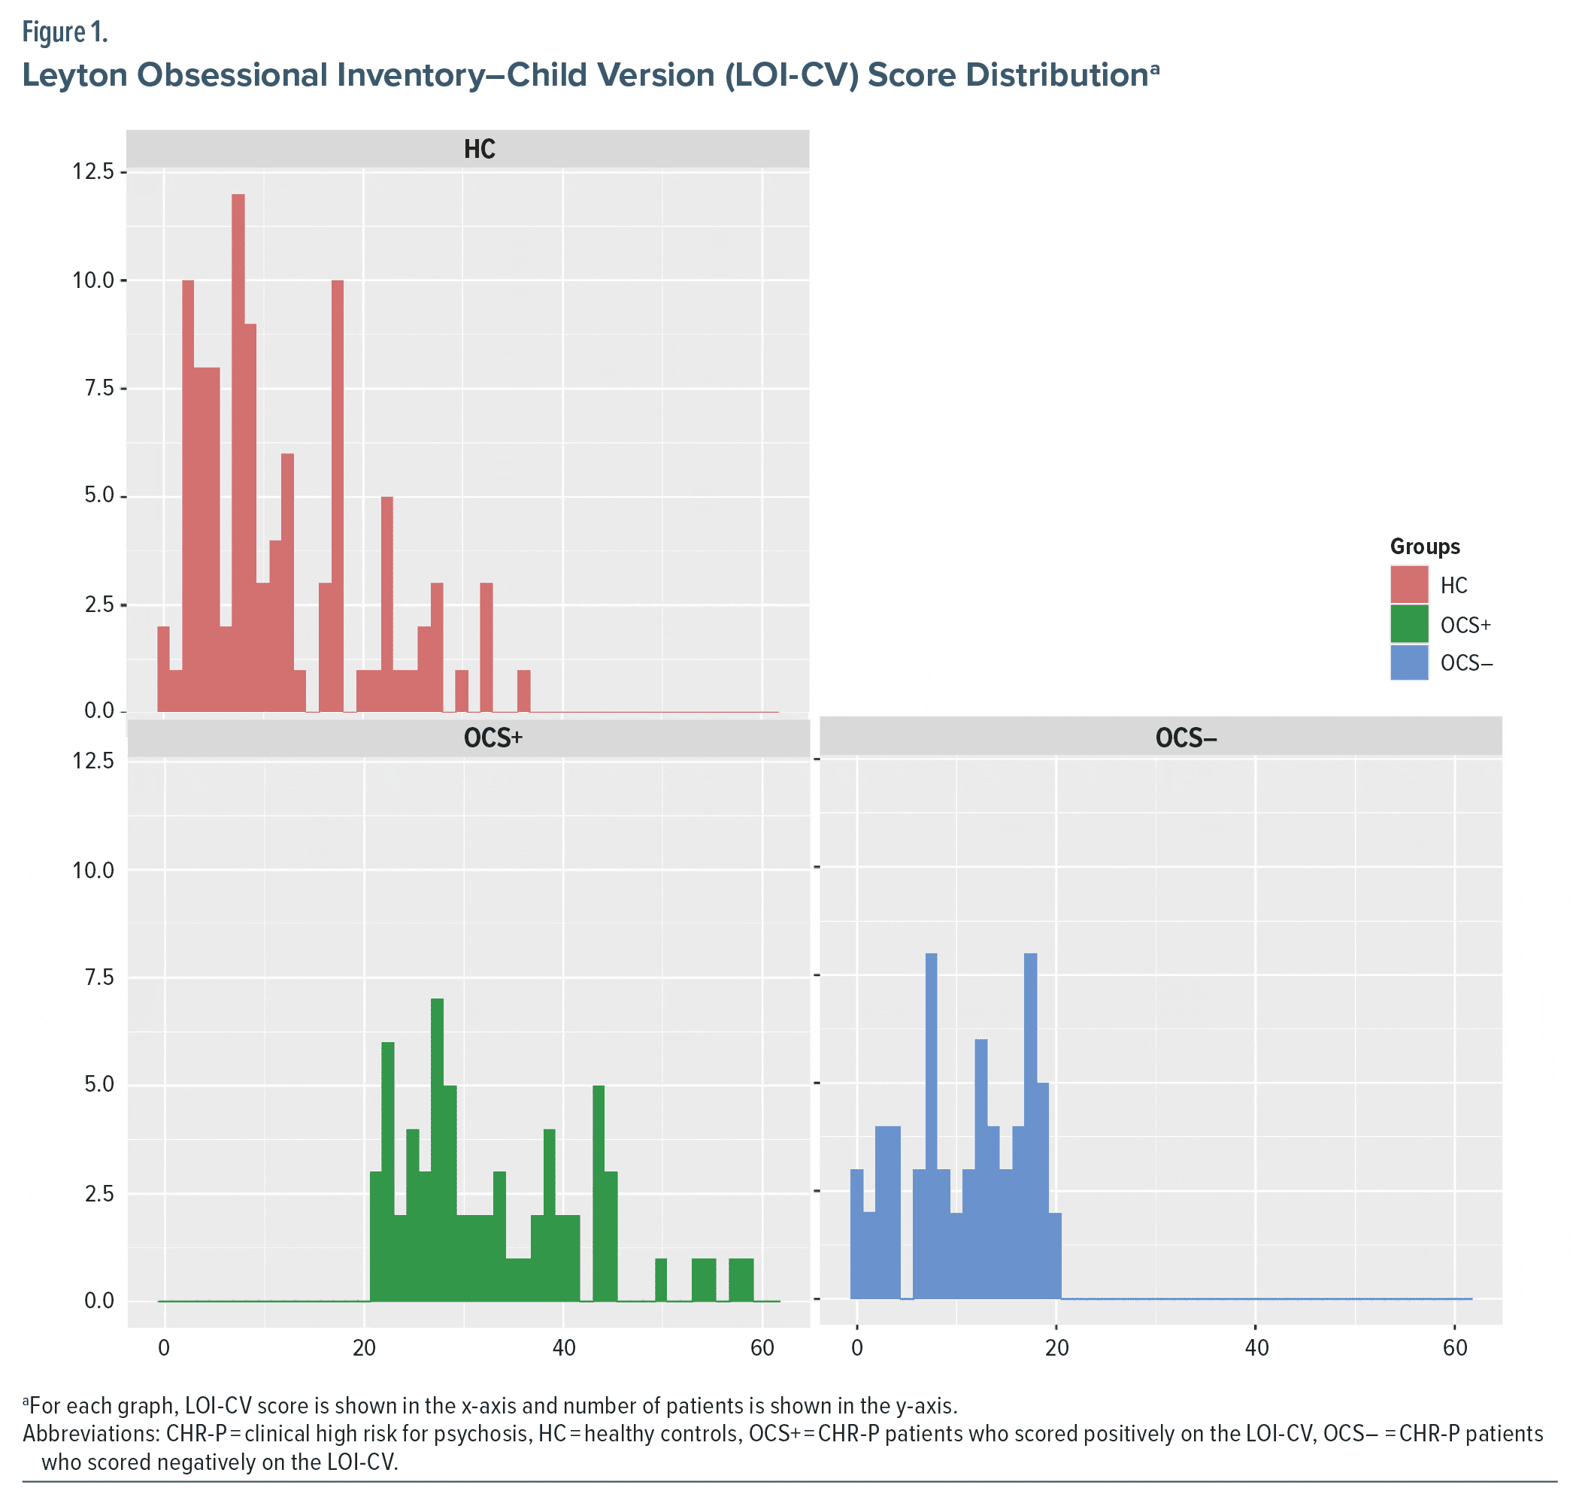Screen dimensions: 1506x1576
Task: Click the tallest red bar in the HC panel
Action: point(238,450)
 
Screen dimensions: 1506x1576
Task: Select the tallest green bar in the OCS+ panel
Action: point(437,1148)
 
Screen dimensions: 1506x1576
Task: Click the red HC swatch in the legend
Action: point(1409,584)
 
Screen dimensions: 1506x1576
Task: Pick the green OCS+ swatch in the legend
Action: point(1409,624)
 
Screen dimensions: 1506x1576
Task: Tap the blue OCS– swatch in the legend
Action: point(1409,662)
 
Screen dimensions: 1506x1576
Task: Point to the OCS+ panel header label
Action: point(493,738)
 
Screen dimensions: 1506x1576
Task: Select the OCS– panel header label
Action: point(1186,738)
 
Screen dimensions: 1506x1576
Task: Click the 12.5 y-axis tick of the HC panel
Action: point(93,171)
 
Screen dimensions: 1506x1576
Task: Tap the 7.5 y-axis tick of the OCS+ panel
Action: point(93,977)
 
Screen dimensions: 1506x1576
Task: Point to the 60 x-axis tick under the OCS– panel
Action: point(1455,1347)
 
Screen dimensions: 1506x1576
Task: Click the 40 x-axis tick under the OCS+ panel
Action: point(564,1347)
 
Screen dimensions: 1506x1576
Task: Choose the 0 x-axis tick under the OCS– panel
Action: point(857,1347)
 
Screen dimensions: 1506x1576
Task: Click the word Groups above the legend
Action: point(1424,547)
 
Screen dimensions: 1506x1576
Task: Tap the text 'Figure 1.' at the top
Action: point(64,32)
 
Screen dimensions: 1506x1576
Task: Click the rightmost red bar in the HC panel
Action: point(523,691)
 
